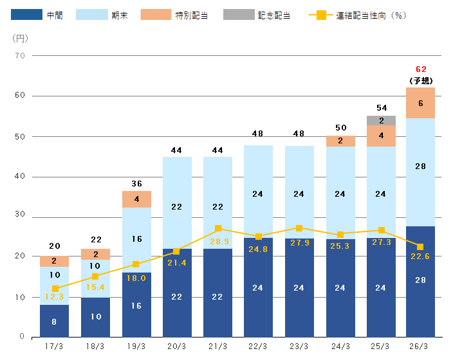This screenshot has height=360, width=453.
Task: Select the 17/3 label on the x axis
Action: click(54, 347)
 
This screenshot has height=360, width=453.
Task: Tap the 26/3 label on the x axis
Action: click(420, 347)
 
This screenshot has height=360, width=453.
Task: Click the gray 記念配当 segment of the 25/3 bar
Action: click(380, 121)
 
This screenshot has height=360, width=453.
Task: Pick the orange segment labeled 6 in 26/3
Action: click(420, 103)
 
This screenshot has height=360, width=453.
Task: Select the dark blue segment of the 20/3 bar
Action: click(177, 292)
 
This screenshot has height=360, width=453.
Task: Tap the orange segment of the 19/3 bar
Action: click(136, 199)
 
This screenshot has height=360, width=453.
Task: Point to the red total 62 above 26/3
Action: click(421, 69)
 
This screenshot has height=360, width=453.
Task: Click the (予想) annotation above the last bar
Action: click(421, 80)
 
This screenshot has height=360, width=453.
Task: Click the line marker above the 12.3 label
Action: click(55, 289)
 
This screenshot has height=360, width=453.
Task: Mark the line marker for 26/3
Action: click(420, 247)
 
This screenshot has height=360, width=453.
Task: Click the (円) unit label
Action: click(21, 37)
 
